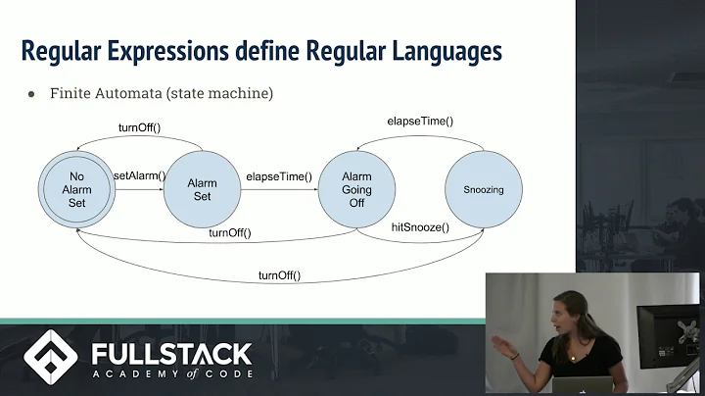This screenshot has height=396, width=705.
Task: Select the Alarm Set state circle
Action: pyautogui.click(x=202, y=189)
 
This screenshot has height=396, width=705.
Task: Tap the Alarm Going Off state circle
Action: pyautogui.click(x=356, y=189)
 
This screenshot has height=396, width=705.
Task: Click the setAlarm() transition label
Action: pyautogui.click(x=140, y=176)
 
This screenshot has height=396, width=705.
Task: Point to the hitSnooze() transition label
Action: pyautogui.click(x=421, y=227)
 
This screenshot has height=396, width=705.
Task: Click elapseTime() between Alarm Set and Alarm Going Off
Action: pyautogui.click(x=279, y=176)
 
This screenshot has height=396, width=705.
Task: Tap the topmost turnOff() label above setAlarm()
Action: pyautogui.click(x=139, y=128)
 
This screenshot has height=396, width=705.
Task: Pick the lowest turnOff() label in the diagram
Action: pyautogui.click(x=279, y=275)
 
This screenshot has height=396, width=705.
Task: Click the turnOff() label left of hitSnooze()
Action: pyautogui.click(x=231, y=232)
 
